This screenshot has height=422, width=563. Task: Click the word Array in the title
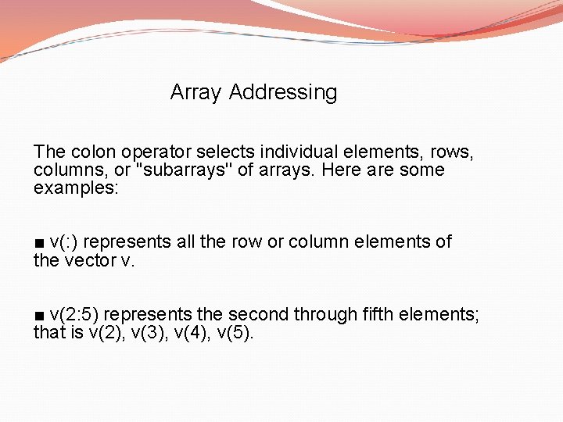[x=196, y=92]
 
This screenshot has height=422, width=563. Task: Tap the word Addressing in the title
[x=283, y=92]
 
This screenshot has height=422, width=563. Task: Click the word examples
[x=74, y=188]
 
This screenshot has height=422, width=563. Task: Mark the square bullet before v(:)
[x=39, y=242]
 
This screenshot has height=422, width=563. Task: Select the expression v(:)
[x=63, y=241]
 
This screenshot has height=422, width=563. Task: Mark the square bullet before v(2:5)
[x=39, y=315]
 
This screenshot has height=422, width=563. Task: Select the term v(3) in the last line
[x=146, y=333]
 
